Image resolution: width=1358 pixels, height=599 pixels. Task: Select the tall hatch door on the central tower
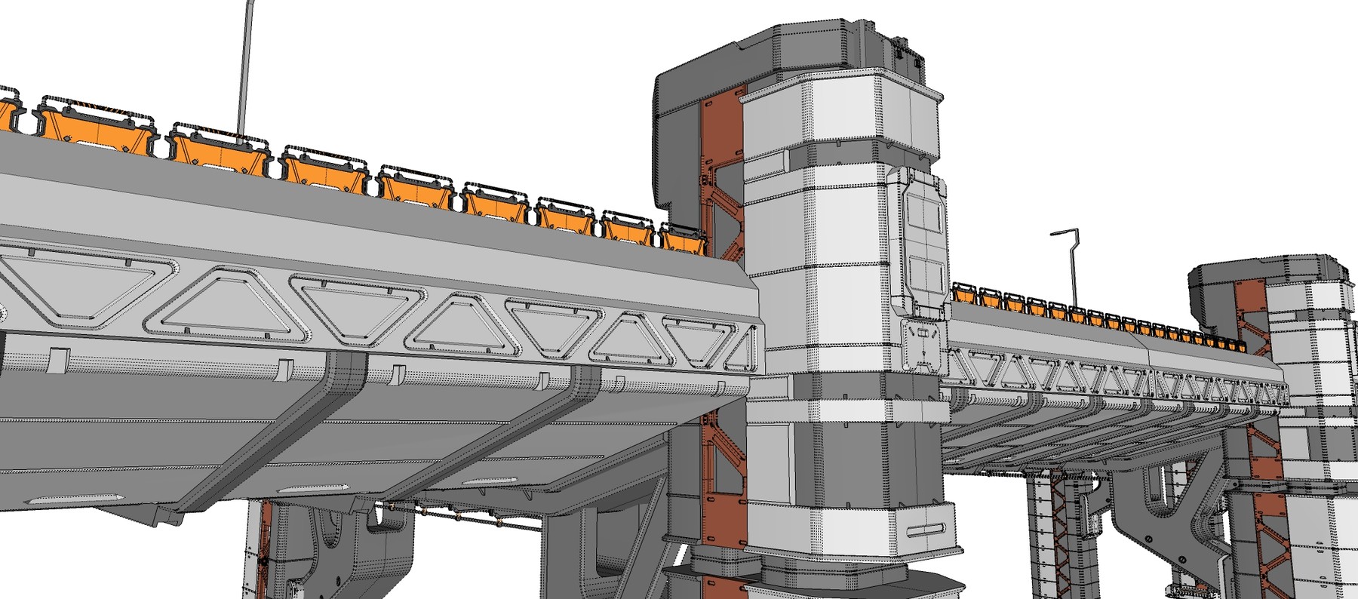tap(922, 241)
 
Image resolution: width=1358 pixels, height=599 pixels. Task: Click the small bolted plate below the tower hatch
tap(922, 346)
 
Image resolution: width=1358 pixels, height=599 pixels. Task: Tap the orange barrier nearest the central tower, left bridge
tap(684, 239)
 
